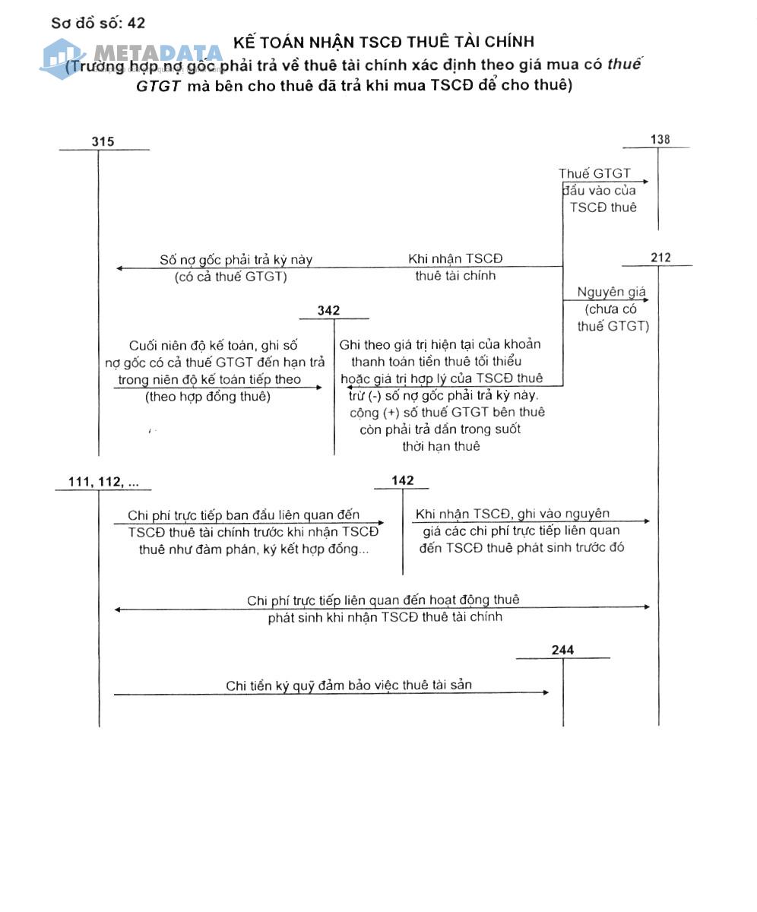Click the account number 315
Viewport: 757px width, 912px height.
pos(103,141)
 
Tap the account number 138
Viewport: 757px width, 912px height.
pos(660,139)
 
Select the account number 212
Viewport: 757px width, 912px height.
pos(660,258)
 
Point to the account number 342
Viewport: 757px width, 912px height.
pos(328,310)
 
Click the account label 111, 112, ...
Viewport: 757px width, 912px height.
pos(103,482)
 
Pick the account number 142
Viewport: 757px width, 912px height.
pos(403,480)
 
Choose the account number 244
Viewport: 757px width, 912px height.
pos(562,650)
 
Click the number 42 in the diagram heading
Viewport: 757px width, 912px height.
pos(137,23)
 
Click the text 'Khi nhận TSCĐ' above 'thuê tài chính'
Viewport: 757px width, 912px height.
pos(455,259)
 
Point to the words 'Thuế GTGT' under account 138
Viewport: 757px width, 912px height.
pos(594,174)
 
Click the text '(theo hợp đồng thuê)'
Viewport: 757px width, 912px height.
pos(207,396)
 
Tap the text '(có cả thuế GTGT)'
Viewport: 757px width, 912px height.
pos(231,277)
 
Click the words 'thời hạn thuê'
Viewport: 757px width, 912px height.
pos(441,446)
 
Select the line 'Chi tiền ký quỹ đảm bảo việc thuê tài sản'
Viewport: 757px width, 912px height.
pos(348,685)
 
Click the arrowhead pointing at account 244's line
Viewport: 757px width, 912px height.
pos(546,692)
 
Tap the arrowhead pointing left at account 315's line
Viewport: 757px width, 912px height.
pos(120,268)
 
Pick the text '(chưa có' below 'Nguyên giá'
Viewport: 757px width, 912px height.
pos(611,309)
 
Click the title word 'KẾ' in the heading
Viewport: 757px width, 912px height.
pos(243,42)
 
